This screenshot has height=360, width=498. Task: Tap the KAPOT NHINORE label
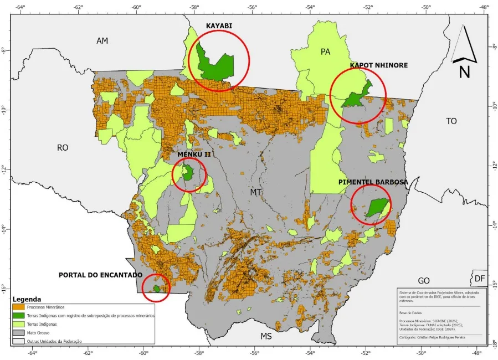(378, 65)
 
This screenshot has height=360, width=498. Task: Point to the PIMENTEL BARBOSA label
(374, 182)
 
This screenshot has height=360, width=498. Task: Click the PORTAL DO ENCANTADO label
(100, 275)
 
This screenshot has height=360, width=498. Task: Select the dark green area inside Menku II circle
(188, 174)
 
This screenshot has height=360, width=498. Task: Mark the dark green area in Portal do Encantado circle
(157, 289)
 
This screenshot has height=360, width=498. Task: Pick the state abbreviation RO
(63, 147)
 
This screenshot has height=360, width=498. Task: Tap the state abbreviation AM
(102, 41)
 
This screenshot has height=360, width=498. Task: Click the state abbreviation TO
(451, 121)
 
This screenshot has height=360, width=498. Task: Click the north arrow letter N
(464, 71)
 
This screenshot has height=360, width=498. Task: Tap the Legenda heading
(29, 299)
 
